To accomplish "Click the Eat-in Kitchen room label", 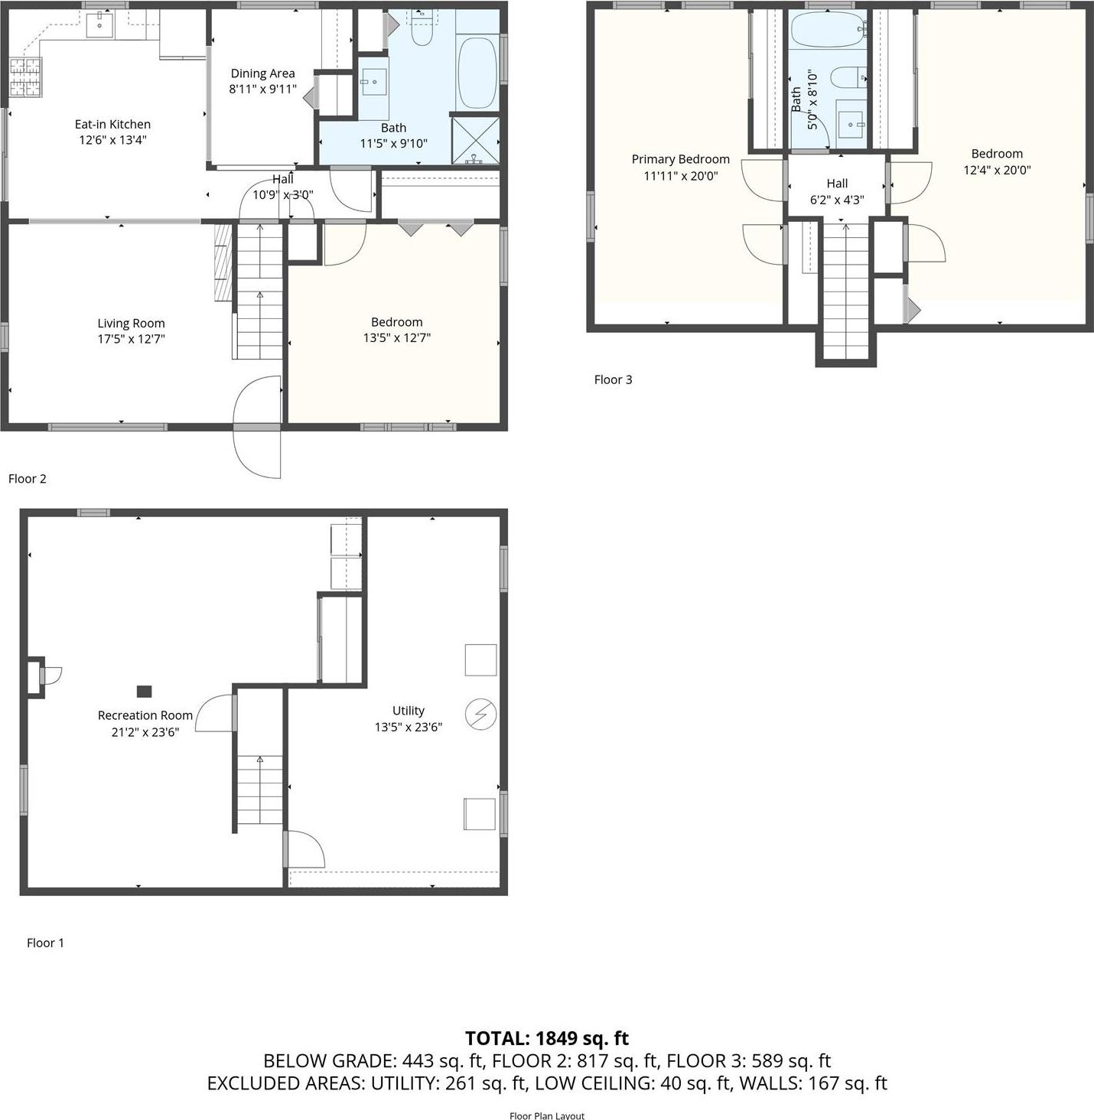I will point(112,124).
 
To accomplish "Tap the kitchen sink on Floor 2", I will point(99,25).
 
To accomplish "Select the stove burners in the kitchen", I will point(25,78).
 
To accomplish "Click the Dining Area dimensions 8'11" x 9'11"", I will point(262,89).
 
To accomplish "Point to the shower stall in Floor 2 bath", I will point(476,140).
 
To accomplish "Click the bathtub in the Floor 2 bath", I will point(477,73).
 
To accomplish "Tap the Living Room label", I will point(131,323).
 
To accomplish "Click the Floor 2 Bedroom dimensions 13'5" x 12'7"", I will point(396,337).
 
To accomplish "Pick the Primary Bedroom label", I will point(680,159).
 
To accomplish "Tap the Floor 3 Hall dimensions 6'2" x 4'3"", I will point(837,200).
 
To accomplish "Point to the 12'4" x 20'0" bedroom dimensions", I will point(997,170).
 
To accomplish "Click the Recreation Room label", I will point(145,715).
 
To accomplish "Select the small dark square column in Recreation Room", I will point(144,692).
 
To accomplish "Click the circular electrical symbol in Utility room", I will point(480,715).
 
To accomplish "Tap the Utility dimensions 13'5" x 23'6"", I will point(408,727).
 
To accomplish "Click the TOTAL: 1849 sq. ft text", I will point(547,1038).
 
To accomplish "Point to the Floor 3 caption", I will point(613,379).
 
